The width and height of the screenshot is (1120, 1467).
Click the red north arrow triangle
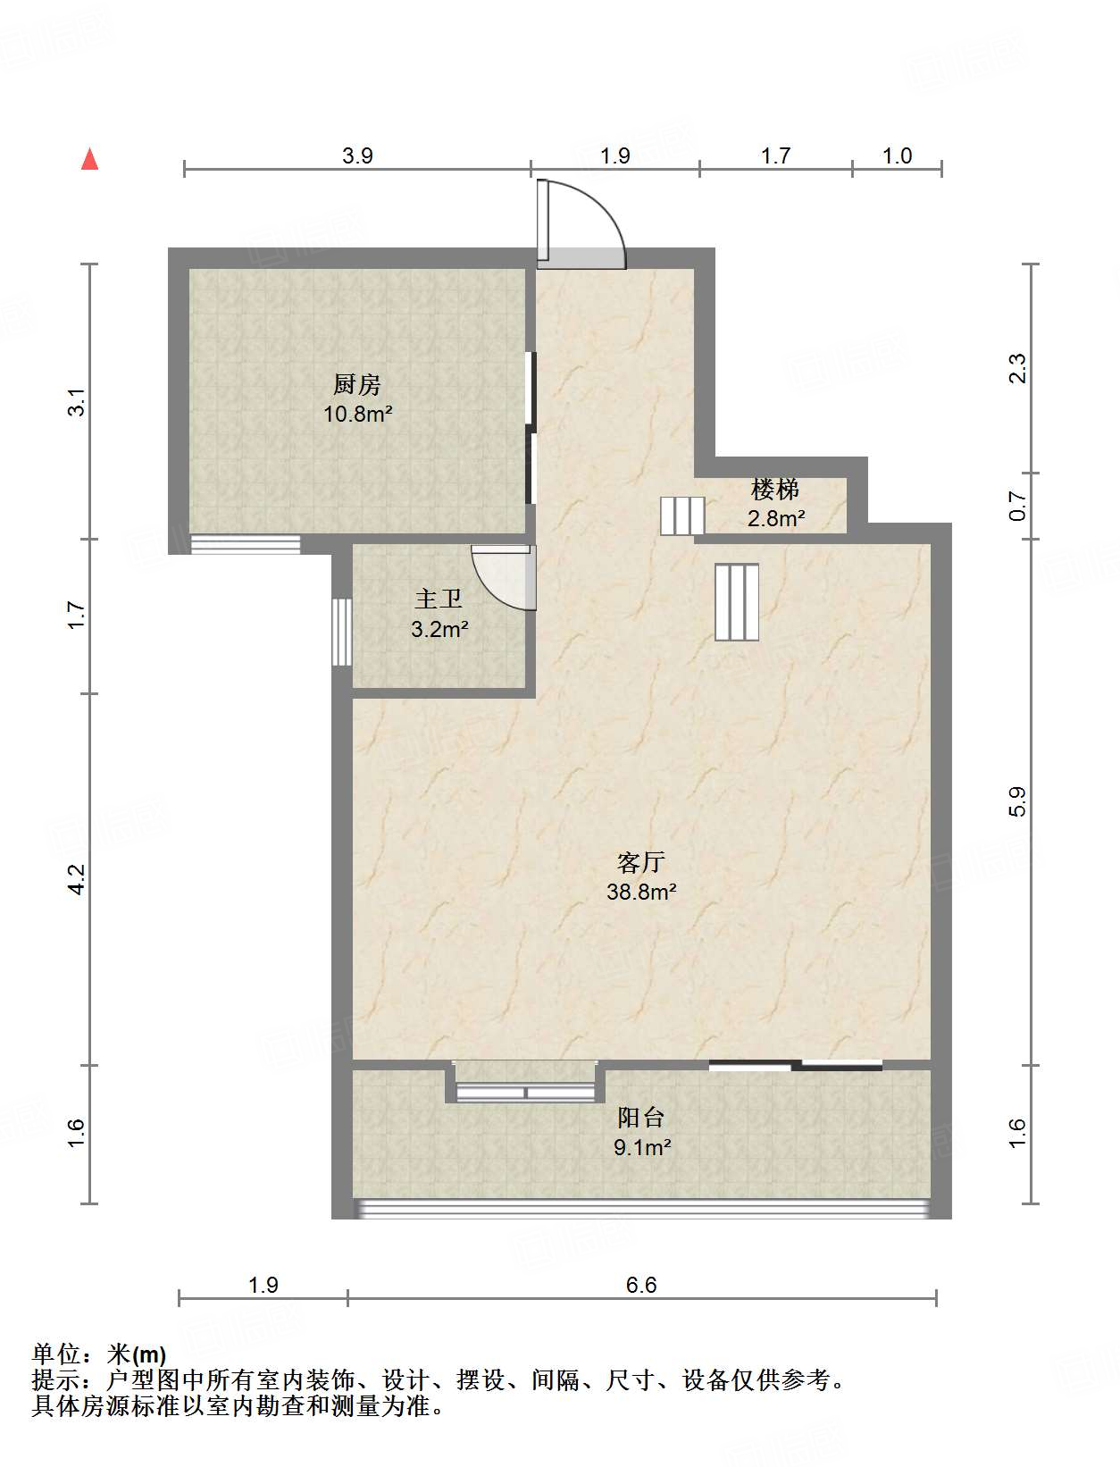(90, 160)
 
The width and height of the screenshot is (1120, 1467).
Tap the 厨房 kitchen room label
(357, 385)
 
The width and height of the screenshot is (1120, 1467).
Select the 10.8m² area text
(358, 415)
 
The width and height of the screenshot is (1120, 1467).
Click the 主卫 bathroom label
(439, 599)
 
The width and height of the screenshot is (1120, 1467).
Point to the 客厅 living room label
(641, 863)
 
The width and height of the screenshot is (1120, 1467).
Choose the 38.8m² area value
(641, 893)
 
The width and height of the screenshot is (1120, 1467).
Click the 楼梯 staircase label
(775, 490)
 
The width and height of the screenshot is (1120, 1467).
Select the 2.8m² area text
(776, 518)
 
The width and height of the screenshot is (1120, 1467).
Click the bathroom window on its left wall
(342, 632)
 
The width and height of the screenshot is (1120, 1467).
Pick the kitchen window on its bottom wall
(246, 544)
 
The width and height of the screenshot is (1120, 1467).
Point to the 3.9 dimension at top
(357, 155)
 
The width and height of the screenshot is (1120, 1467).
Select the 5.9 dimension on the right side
(1017, 801)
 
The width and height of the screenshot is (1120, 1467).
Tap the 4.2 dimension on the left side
(78, 879)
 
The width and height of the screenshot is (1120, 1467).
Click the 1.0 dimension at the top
(897, 155)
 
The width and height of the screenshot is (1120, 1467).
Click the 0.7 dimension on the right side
(1017, 506)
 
